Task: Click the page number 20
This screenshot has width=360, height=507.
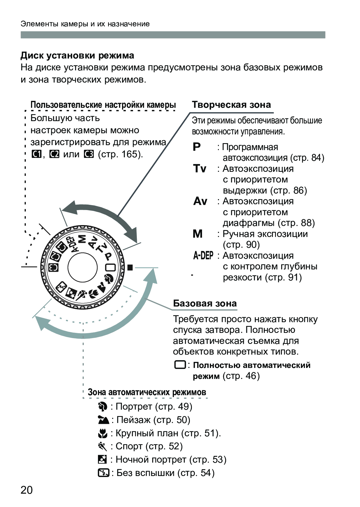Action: [27, 490]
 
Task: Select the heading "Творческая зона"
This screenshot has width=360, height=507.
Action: [231, 105]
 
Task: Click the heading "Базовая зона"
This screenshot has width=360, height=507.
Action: [205, 303]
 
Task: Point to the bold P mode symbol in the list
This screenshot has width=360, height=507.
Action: [197, 147]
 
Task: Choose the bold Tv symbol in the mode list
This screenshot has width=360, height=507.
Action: [200, 168]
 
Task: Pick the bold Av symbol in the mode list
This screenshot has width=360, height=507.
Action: [200, 201]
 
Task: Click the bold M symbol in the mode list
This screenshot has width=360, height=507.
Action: [198, 234]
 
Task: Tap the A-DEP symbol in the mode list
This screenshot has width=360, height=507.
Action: [203, 256]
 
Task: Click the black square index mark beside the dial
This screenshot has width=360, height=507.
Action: [130, 267]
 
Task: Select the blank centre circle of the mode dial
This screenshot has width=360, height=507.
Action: [83, 267]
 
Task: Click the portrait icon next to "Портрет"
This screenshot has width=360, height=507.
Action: [103, 407]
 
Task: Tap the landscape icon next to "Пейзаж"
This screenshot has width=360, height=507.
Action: [103, 420]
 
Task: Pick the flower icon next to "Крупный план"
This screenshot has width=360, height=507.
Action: [103, 433]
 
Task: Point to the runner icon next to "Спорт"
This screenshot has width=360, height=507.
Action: [103, 446]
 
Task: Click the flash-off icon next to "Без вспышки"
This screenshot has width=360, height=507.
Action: [103, 473]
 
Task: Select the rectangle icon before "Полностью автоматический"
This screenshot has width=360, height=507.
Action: [180, 365]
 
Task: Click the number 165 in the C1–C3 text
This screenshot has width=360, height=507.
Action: [129, 154]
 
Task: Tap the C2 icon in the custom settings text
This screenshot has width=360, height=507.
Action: [54, 154]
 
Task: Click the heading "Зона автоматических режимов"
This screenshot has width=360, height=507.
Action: [147, 392]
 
